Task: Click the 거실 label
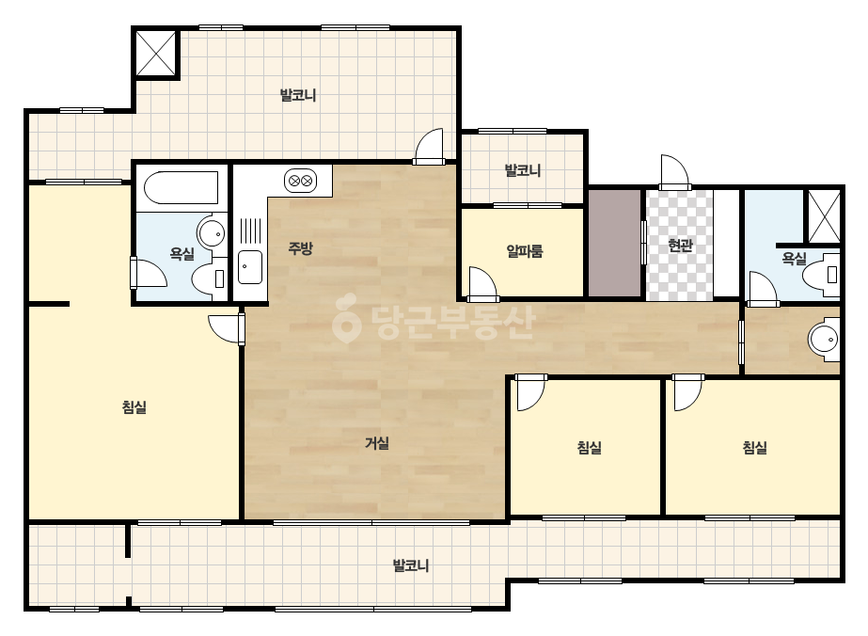tap(377, 443)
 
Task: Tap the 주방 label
tap(301, 248)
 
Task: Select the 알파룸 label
tap(524, 251)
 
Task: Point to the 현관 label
tap(680, 245)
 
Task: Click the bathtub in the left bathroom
tap(181, 187)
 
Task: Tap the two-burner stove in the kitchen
tap(301, 181)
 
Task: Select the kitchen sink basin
tap(250, 267)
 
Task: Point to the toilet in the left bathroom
tap(211, 278)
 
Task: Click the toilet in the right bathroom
tap(822, 273)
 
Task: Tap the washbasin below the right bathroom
tap(824, 340)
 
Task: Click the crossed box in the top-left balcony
tap(155, 53)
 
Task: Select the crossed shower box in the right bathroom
tap(824, 216)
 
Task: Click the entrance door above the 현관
tap(674, 173)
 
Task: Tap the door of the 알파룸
tap(481, 283)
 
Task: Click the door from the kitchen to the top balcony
tap(429, 147)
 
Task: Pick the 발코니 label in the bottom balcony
tap(410, 565)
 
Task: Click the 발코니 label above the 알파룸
tap(523, 170)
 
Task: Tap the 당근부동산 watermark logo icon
tap(345, 318)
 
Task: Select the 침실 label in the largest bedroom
tap(134, 407)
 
